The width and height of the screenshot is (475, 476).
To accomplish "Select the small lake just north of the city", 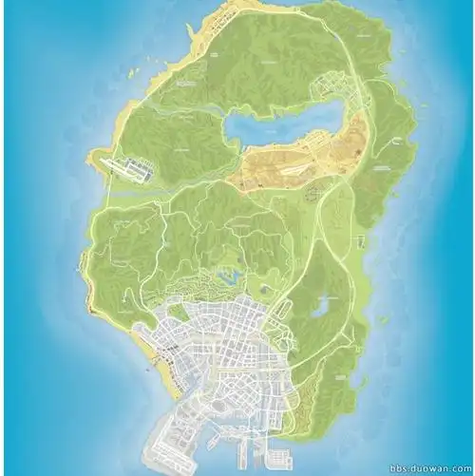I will pyautogui.click(x=228, y=277).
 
